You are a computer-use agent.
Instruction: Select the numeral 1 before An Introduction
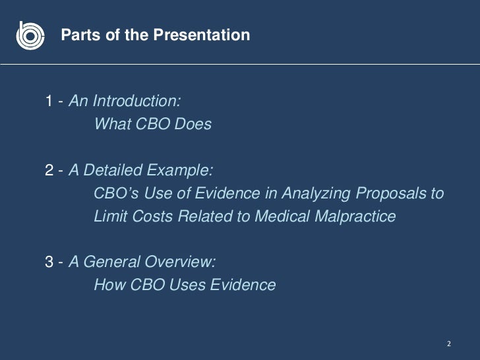[x=49, y=102]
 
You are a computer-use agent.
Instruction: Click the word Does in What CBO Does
[x=193, y=123]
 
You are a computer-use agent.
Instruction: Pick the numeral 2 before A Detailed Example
[x=49, y=171]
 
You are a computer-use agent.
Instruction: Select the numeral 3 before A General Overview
[x=49, y=262]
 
